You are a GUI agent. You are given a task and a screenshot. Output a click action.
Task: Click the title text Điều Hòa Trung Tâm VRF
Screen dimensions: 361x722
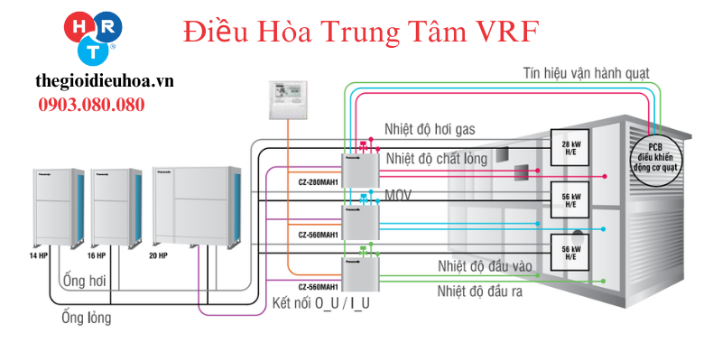360,32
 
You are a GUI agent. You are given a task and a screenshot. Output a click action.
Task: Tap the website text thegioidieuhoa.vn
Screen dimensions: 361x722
105,81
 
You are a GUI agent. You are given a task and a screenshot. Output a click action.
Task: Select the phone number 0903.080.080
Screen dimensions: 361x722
91,104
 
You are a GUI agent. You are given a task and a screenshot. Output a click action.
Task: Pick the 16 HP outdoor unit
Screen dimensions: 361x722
116,205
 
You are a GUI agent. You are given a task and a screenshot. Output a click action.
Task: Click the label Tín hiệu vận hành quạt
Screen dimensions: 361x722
590,71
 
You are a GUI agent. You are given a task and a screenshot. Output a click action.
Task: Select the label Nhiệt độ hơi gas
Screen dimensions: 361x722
430,130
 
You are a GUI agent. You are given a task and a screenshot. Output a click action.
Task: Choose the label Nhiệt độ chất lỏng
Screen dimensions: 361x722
436,159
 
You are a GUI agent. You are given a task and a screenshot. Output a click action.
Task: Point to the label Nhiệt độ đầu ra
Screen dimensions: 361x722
479,291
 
